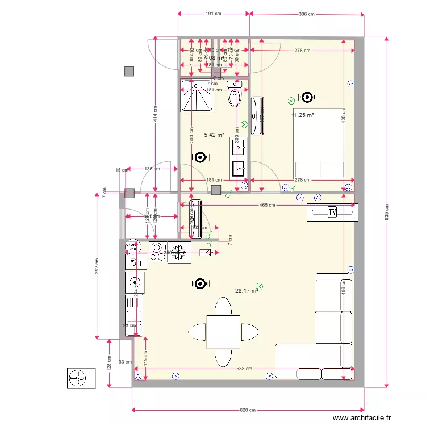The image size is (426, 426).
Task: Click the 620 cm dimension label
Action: tap(248, 410)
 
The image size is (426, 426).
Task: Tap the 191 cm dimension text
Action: tap(213, 14)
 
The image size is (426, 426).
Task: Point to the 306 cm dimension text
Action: tap(306, 14)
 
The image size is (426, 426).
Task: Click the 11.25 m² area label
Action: tap(303, 115)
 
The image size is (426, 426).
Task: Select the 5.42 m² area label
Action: tap(214, 135)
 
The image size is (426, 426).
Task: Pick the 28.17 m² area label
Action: tap(245, 290)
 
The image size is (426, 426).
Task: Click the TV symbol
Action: tap(332, 212)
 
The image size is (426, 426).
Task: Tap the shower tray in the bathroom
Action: tap(197, 96)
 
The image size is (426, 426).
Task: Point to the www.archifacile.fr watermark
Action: tap(362, 417)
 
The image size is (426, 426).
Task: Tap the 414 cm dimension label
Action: tap(154, 116)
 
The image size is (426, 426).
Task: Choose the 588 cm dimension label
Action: tap(244, 369)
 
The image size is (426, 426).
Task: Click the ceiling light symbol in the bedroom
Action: tap(307, 97)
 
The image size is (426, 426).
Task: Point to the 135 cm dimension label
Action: tap(152, 169)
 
